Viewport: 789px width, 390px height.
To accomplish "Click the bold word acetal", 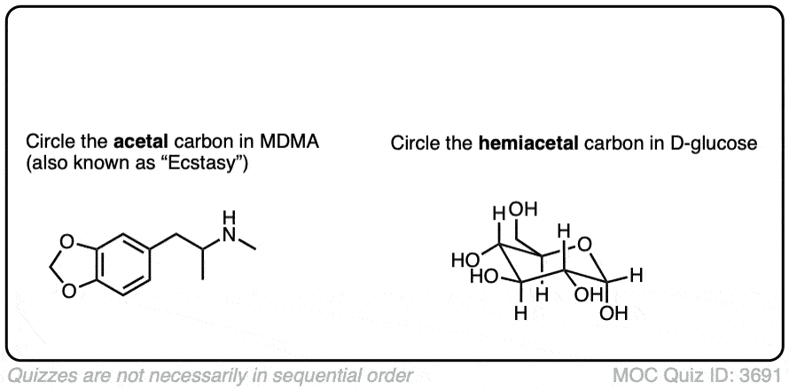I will (x=137, y=143).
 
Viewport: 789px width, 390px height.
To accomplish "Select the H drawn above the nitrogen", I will (x=230, y=216).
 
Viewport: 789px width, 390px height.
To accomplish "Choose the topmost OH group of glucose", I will (x=523, y=211).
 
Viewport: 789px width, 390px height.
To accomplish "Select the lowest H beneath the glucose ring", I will (x=521, y=313).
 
